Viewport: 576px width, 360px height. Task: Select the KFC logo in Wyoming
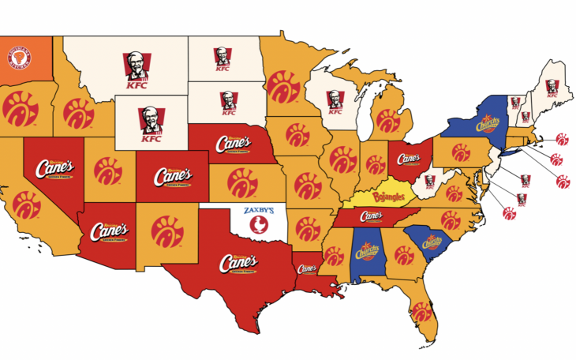pyautogui.click(x=148, y=126)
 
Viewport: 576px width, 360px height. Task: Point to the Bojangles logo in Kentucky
pyautogui.click(x=387, y=194)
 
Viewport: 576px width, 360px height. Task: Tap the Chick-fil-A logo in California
pyautogui.click(x=25, y=204)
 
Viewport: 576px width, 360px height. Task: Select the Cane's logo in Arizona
pyautogui.click(x=109, y=233)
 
